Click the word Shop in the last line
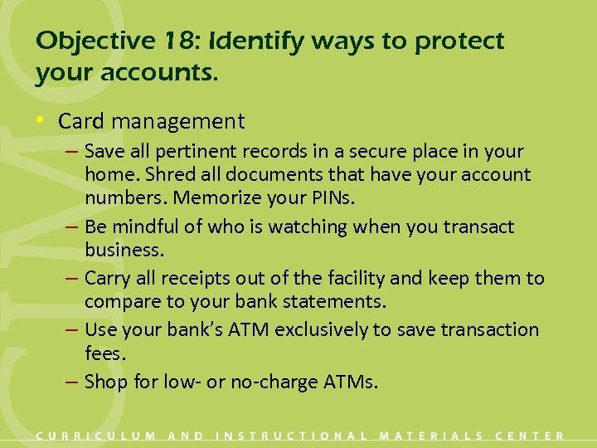point(104,382)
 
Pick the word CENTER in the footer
point(530,436)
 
